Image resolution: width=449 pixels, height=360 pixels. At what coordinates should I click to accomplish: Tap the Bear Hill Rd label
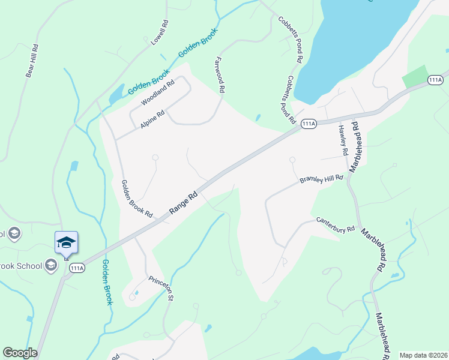pos(31,60)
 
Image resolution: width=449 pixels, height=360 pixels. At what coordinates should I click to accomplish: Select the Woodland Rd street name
pos(157,93)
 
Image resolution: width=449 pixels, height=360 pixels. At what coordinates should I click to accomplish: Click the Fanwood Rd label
pos(219,74)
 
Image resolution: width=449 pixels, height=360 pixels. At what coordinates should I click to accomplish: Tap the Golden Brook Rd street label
pos(137,199)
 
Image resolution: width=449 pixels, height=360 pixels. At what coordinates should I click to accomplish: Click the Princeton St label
pos(161,287)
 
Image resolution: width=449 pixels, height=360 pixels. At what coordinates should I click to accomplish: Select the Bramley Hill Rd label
pos(321,179)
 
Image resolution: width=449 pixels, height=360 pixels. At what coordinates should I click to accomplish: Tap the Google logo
pos(20,353)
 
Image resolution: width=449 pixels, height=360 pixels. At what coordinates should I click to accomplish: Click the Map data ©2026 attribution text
pos(423,355)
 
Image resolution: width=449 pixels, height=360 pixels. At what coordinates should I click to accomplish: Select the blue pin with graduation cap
pos(66,243)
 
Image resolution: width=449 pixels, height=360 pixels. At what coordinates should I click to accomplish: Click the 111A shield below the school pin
pos(76,268)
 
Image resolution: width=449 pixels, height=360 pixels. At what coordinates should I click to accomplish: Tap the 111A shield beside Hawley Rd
pos(309,124)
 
